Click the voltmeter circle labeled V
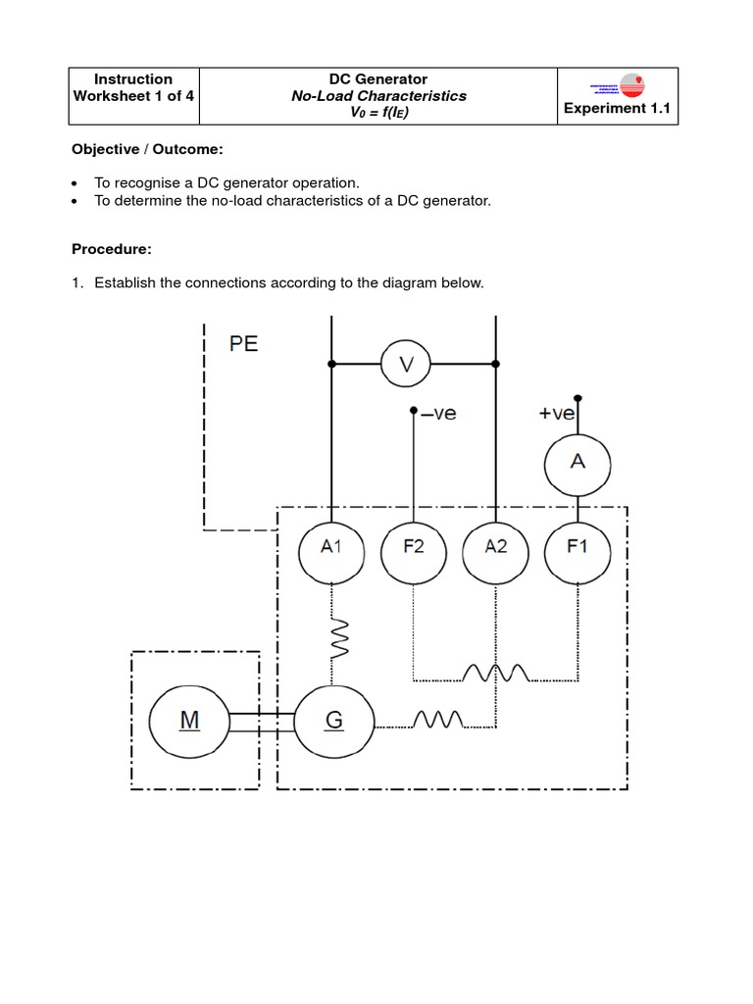tap(406, 365)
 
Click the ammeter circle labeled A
tap(577, 461)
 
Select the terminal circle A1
tap(331, 547)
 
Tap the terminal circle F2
tap(414, 547)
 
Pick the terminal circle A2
tap(496, 547)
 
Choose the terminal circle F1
tap(577, 547)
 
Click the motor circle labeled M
tap(189, 721)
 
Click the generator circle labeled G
tap(333, 721)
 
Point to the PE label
tap(244, 345)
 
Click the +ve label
tap(556, 414)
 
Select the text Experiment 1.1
tap(617, 109)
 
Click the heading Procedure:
tap(111, 250)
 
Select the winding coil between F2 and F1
tap(496, 674)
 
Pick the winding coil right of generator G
tap(437, 722)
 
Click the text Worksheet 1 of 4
tap(133, 96)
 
